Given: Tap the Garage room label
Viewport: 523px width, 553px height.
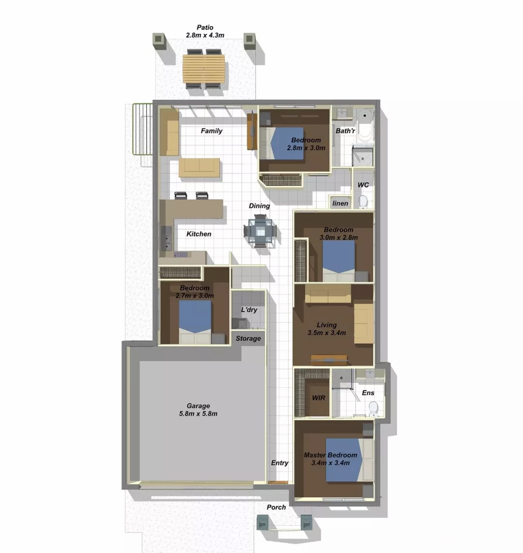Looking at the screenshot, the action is coord(198,406).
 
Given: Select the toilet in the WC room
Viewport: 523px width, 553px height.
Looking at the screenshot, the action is coord(363,201).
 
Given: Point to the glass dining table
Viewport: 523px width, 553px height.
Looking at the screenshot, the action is coord(260,231).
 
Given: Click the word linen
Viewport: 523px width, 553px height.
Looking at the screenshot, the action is coord(340,203).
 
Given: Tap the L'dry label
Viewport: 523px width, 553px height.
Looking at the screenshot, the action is coord(249,309).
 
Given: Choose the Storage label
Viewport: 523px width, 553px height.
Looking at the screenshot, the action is coord(248,338).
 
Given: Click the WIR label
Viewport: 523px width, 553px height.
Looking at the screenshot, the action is coord(319,398).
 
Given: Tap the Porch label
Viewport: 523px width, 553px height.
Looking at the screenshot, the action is coord(276,507).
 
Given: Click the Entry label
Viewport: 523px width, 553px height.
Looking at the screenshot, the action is coord(280,463).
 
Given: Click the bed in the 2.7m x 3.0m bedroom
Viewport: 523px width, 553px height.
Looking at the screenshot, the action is coord(195,322).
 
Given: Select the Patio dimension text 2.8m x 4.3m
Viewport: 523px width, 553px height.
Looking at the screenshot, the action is coord(205,35).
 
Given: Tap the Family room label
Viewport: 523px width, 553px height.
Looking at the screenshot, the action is coord(212,131).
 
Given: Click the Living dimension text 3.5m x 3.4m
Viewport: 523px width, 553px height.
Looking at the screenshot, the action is coord(326,333).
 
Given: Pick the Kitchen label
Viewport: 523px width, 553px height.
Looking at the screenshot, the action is coord(199,234).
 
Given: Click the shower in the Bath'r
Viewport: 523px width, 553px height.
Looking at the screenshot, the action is coord(363,155).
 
